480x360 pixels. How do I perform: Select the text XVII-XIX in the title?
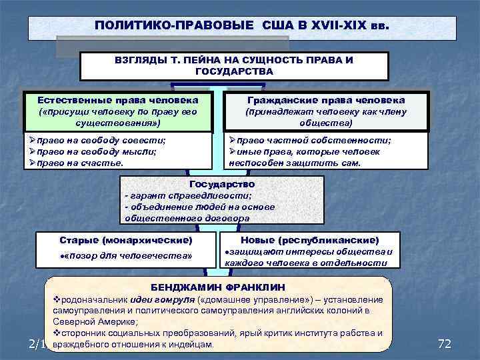tap(339, 26)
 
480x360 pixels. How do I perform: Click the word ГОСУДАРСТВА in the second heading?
tap(235, 71)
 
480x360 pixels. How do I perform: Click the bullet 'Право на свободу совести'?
tap(102, 141)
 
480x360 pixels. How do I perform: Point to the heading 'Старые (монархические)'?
tap(125, 239)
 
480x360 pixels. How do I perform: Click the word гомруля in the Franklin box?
tap(183, 299)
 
